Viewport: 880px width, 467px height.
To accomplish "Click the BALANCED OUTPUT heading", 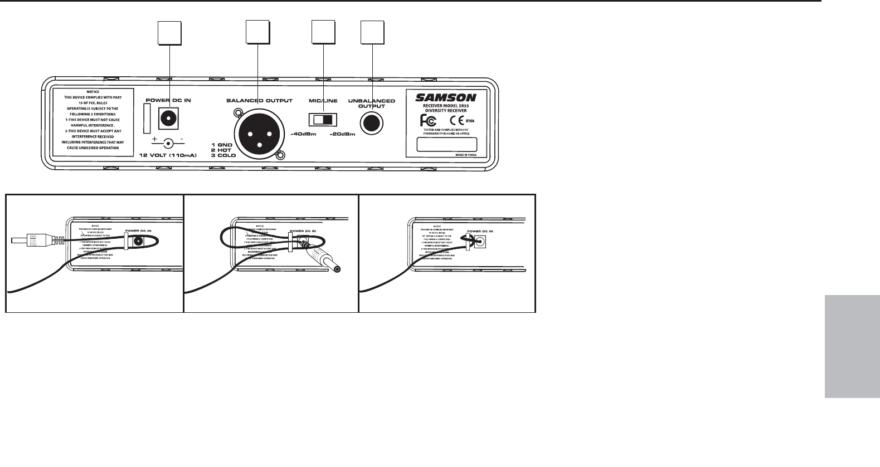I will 259,101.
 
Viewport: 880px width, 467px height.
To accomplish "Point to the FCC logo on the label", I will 431,120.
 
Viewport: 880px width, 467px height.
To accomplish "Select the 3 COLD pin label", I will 223,155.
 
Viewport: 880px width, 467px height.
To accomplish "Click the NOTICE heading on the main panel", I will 93,92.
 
